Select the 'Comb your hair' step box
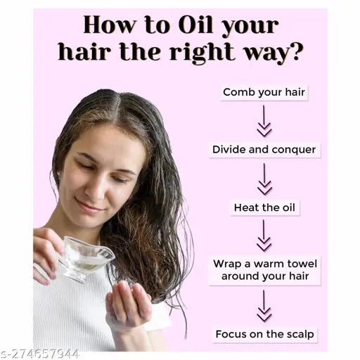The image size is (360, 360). coord(264,93)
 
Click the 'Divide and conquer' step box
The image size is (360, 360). coord(264,150)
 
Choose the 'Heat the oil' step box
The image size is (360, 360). coord(265,207)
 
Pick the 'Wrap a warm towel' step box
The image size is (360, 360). coord(265,270)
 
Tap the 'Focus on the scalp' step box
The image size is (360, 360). coord(265,335)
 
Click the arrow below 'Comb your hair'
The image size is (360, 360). coord(264,121)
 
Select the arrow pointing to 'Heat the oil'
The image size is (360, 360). coord(264,179)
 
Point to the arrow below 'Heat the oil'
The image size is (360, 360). coord(264,236)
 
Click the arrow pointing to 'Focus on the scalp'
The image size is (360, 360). coord(264,306)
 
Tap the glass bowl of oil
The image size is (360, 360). coord(85,258)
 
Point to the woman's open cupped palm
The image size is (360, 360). coord(128,302)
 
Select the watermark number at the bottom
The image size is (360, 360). coord(40,354)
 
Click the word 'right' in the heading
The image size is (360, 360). coord(202,52)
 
